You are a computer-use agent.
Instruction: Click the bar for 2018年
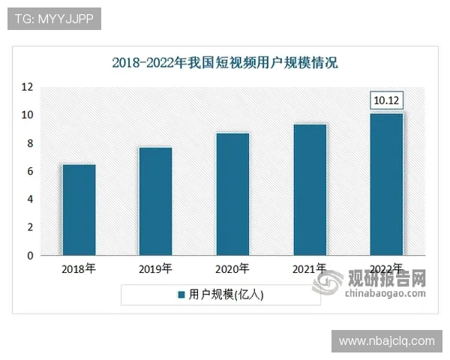(79, 210)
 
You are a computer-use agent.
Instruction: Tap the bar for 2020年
(232, 194)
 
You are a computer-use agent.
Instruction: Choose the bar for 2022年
(387, 184)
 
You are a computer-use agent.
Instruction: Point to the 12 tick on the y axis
(26, 87)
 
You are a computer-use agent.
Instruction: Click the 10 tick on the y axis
(26, 115)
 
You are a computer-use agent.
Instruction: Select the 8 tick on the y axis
(28, 143)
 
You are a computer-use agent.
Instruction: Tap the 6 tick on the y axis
(28, 172)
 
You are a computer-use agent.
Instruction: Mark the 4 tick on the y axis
(28, 199)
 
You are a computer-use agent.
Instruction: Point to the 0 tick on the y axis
(28, 256)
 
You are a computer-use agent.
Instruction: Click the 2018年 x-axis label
(79, 268)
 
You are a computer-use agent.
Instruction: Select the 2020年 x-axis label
(232, 268)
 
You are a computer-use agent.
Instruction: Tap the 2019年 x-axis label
(155, 268)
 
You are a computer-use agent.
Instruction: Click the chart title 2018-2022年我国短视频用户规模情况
(225, 62)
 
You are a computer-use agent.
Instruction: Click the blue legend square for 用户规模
(181, 295)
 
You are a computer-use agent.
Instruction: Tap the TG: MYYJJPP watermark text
(54, 19)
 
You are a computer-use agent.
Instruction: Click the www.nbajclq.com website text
(386, 341)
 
